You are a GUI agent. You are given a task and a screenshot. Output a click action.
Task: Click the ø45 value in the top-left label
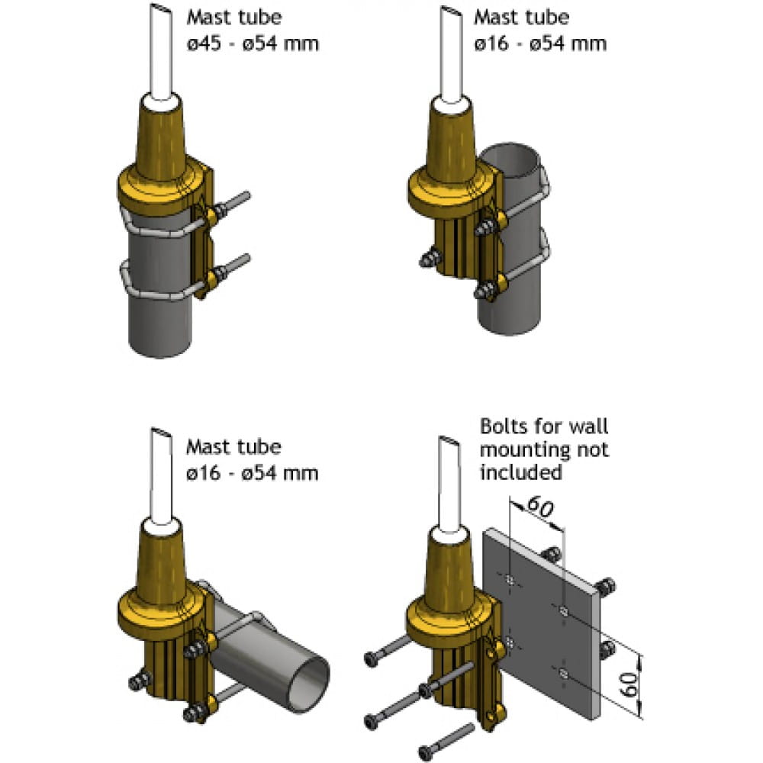click(204, 43)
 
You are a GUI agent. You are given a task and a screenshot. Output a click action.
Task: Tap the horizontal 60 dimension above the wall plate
click(540, 507)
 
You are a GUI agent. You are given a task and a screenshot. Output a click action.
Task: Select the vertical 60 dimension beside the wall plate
click(631, 684)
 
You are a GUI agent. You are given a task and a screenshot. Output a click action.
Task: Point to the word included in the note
click(520, 472)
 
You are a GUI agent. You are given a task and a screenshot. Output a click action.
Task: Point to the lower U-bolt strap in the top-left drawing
click(160, 282)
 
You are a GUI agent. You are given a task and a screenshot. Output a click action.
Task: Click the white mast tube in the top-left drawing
click(161, 53)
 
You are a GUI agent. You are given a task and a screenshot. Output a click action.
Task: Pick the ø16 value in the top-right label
click(491, 43)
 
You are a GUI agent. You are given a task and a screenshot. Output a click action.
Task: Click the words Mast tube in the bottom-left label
click(233, 446)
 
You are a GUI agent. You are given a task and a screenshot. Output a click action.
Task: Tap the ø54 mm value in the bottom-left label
click(280, 473)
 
